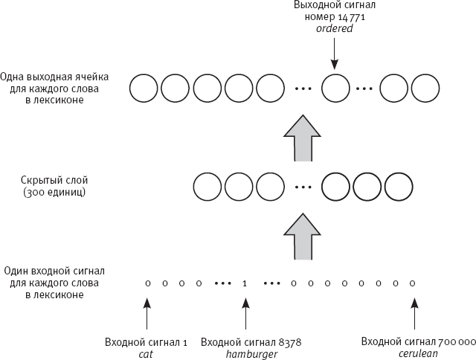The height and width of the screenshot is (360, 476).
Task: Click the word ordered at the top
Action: click(x=334, y=29)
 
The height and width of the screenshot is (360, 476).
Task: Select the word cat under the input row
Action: click(x=147, y=353)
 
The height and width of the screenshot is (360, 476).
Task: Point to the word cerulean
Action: click(x=417, y=353)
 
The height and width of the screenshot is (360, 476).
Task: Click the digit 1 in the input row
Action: click(x=245, y=283)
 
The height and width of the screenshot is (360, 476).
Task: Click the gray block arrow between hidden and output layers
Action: click(x=302, y=138)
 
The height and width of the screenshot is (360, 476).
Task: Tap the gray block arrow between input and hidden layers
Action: click(x=302, y=235)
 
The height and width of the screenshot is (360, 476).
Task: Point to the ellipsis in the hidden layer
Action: click(x=302, y=187)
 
